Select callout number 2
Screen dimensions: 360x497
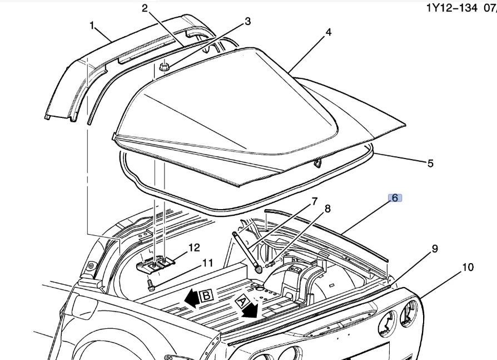point(145,8)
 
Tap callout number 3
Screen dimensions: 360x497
point(248,22)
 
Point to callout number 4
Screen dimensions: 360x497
point(329,32)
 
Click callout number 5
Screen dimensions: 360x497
point(430,163)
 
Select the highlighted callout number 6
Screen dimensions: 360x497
point(395,198)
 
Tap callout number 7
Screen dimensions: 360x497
point(314,201)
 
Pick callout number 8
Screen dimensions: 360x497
point(327,209)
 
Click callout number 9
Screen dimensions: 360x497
point(435,249)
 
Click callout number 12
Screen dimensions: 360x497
point(194,246)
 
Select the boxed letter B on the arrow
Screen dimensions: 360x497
point(205,296)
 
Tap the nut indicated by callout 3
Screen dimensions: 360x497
point(163,67)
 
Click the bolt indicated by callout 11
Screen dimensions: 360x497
point(151,285)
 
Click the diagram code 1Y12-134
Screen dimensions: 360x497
point(452,8)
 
